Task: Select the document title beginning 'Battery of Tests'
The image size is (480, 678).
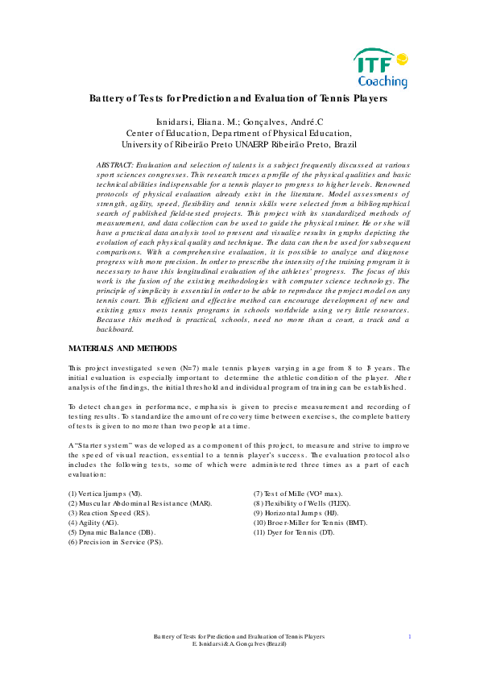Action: click(238, 98)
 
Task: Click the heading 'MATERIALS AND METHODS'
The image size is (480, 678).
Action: click(122, 349)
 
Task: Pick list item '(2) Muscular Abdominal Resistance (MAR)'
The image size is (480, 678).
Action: click(139, 502)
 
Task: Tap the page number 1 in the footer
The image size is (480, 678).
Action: click(410, 636)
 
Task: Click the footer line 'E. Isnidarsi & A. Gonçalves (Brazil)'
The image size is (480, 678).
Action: click(239, 644)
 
